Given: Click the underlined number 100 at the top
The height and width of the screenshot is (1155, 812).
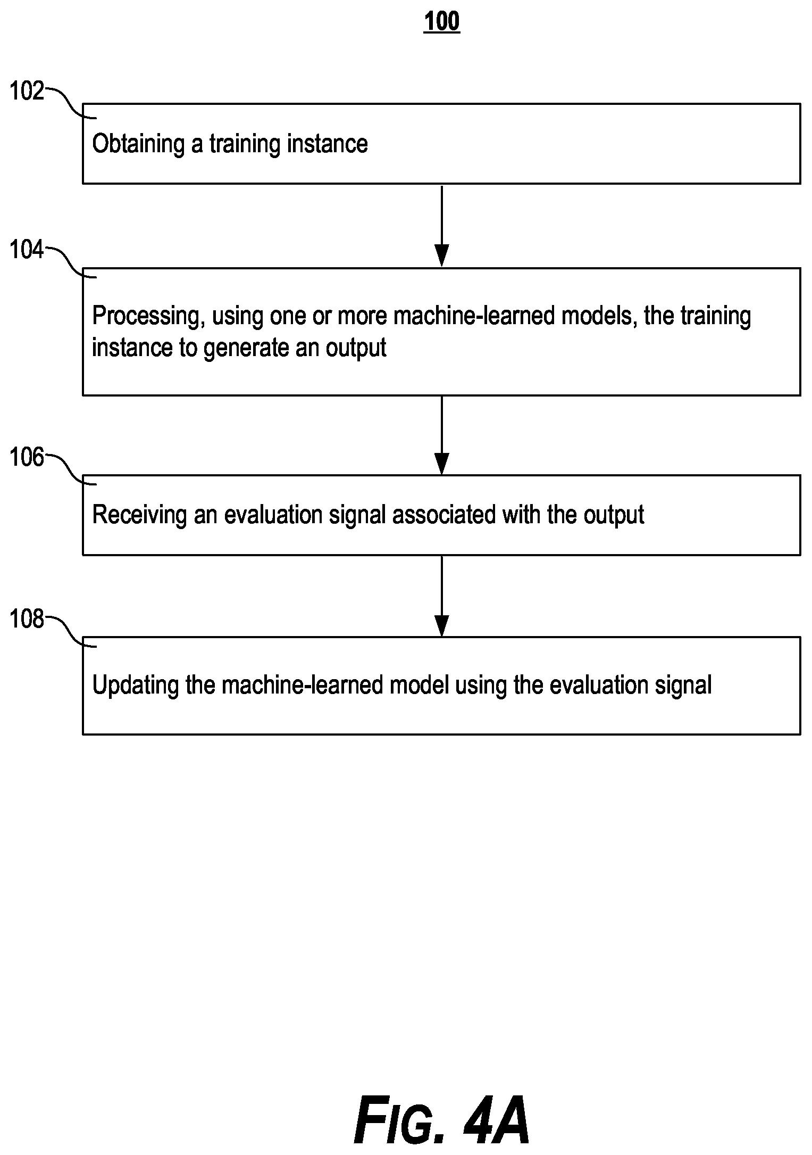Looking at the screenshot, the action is [x=441, y=22].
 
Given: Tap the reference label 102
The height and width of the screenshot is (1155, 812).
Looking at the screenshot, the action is [x=27, y=91].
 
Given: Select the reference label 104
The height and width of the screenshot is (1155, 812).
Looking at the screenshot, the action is [x=27, y=249].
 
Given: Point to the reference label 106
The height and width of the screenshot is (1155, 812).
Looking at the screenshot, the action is [x=27, y=457].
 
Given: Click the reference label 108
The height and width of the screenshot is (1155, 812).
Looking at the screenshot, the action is [x=27, y=619].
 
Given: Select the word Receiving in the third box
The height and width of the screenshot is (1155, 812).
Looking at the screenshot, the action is [x=139, y=515].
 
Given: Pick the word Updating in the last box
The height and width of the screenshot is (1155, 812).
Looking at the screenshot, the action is [x=135, y=686].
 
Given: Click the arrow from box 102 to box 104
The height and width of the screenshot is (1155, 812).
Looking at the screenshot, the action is [x=441, y=225].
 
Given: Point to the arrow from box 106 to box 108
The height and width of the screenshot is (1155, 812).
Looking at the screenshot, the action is [x=441, y=596].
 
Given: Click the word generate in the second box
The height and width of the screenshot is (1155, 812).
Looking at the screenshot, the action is [x=248, y=349].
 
